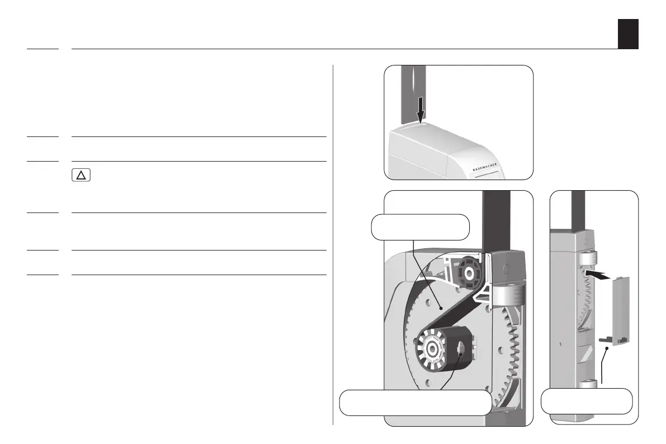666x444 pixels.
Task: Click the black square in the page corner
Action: pos(628,34)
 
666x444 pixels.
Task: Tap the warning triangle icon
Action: pos(81,175)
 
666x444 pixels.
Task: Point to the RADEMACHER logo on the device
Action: pos(485,167)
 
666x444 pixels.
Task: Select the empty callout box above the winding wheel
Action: pos(420,227)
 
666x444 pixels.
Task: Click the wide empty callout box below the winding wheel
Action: pos(415,403)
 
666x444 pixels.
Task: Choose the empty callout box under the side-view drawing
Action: pos(587,401)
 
